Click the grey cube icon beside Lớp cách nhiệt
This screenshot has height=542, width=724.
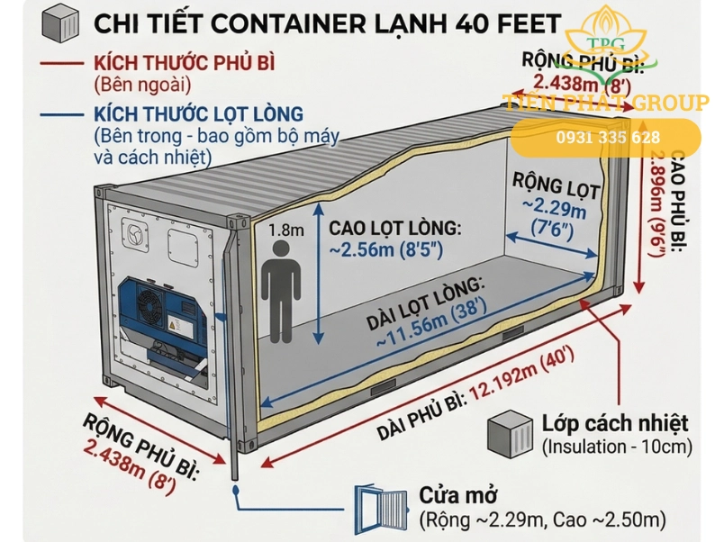pos(510,434)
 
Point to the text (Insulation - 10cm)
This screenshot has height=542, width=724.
pos(616,447)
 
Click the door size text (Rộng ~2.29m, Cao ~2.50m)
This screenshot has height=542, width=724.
pos(542,519)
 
